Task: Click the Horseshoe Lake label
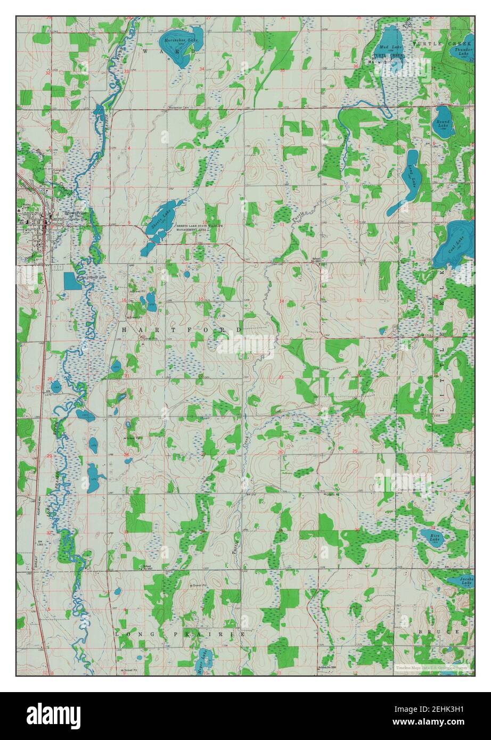[x=176, y=40]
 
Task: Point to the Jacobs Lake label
[x=459, y=582]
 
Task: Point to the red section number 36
[x=355, y=66]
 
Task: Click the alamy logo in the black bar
[x=53, y=714]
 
